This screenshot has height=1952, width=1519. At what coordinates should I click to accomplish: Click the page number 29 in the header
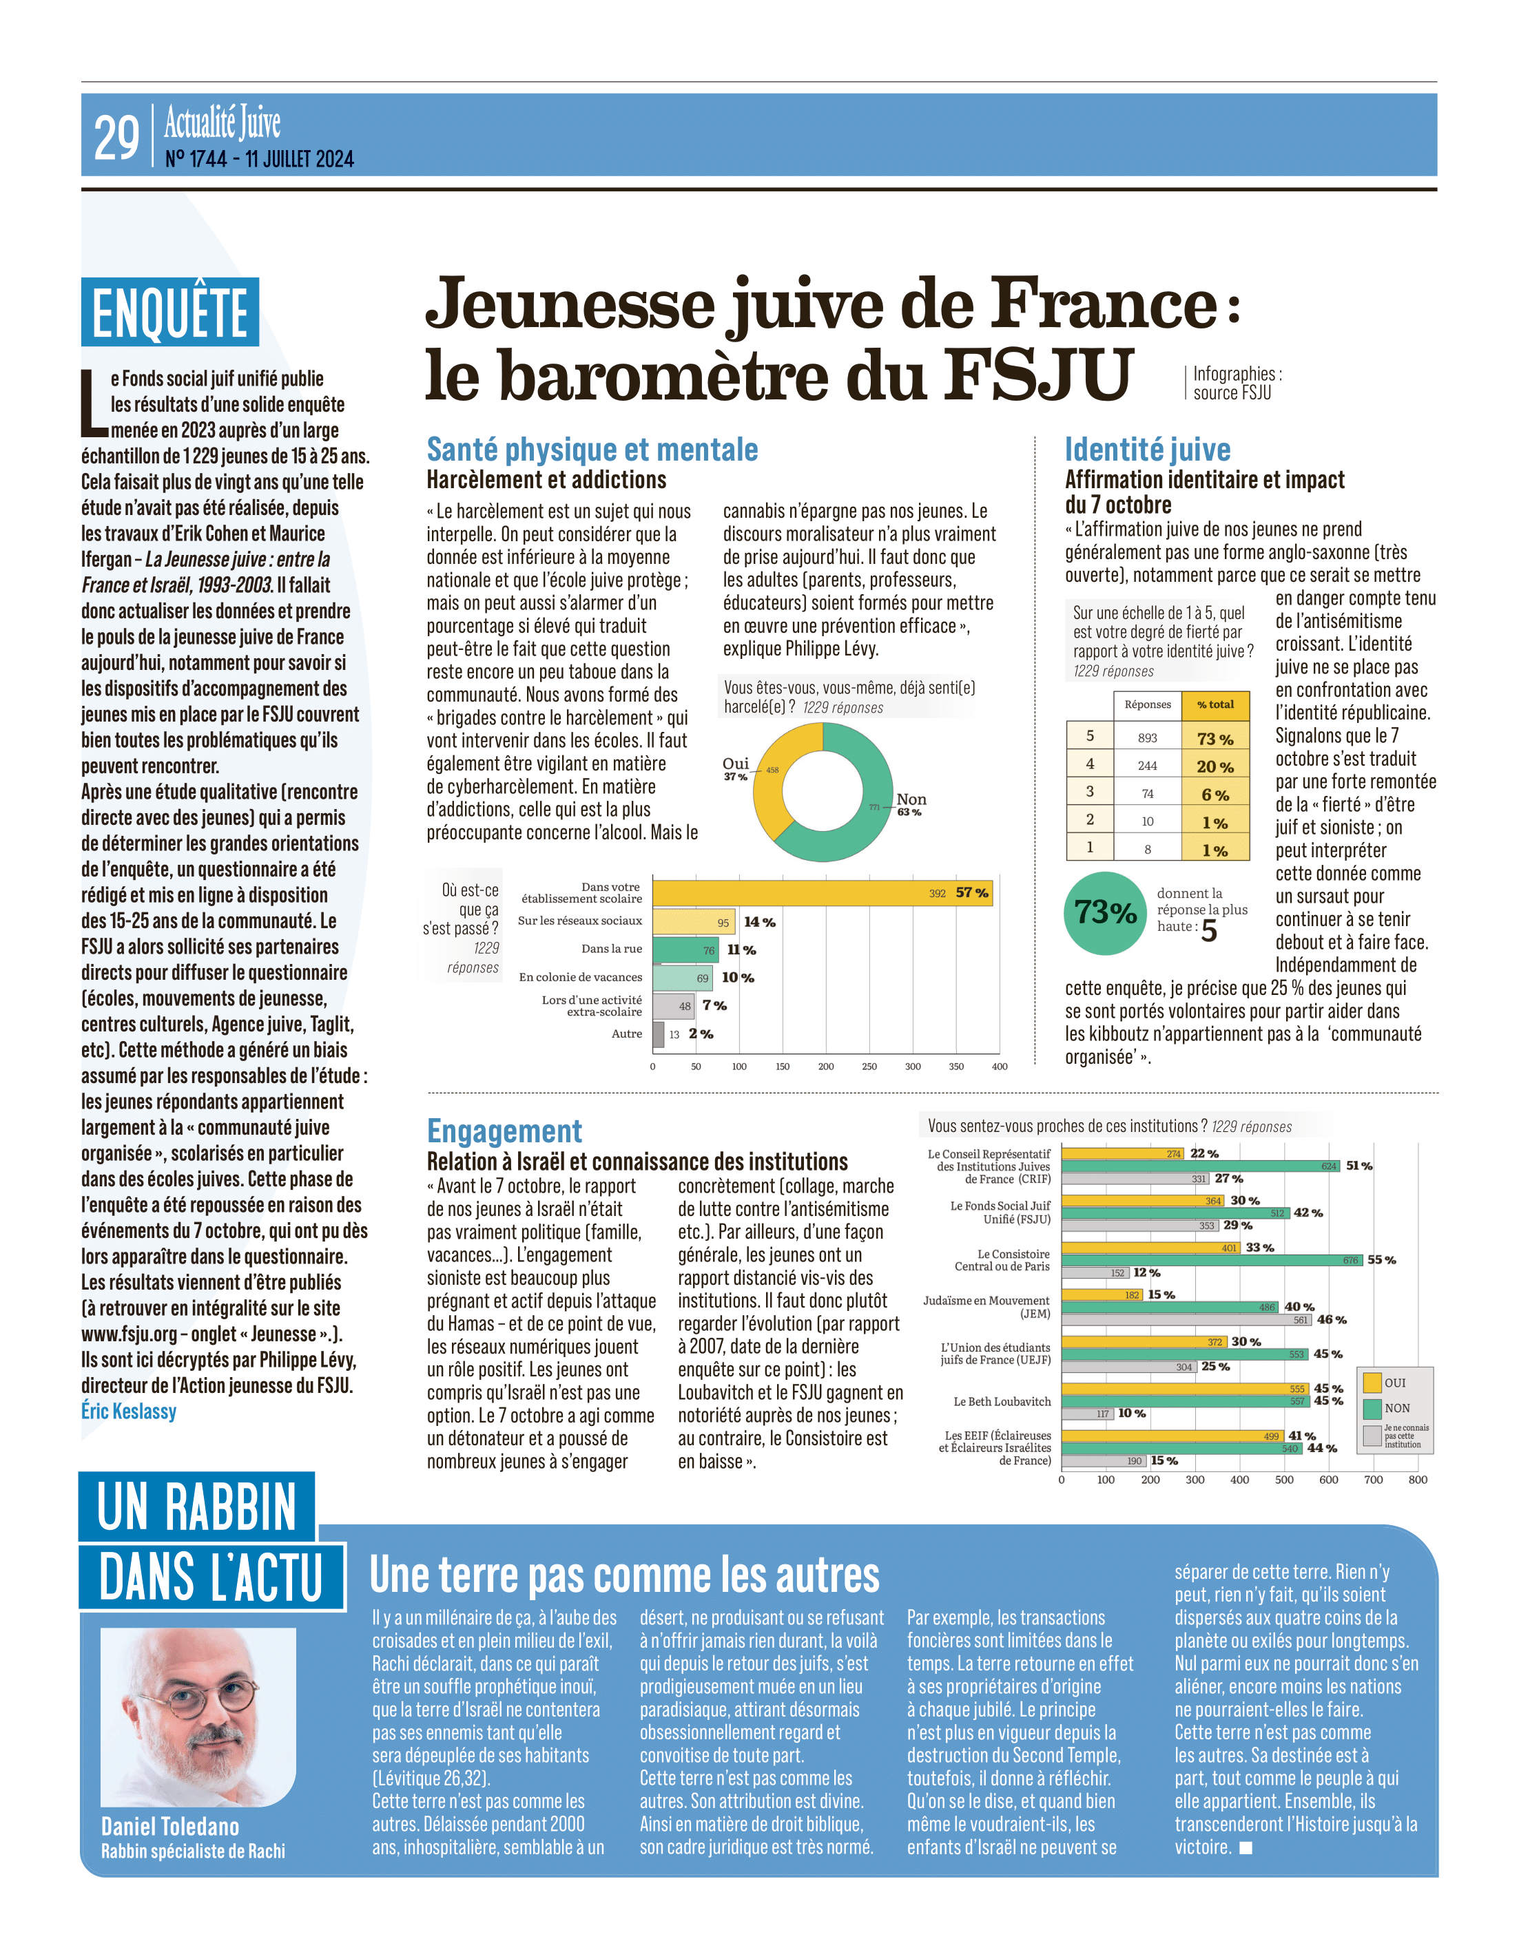click(116, 138)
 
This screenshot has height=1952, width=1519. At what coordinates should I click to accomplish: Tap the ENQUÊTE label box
click(170, 312)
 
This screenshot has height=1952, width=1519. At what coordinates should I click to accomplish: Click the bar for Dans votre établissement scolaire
click(823, 893)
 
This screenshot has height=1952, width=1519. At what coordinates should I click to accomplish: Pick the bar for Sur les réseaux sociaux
click(694, 921)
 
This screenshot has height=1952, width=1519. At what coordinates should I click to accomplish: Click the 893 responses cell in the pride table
click(1147, 737)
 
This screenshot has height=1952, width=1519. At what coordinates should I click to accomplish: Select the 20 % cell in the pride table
click(1215, 766)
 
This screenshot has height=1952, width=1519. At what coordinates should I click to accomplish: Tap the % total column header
click(1215, 704)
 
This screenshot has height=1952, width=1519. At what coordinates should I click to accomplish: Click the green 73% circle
click(1106, 912)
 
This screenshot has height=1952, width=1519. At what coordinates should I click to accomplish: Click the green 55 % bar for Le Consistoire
click(1212, 1260)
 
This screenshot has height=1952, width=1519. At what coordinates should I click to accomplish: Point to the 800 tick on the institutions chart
click(1418, 1479)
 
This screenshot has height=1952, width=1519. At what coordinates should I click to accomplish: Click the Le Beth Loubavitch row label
click(1002, 1401)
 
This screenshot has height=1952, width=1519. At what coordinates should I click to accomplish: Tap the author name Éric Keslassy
click(129, 1411)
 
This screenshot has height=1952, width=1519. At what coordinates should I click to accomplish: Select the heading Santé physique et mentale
click(592, 450)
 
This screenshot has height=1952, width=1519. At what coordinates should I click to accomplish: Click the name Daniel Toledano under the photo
click(170, 1826)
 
